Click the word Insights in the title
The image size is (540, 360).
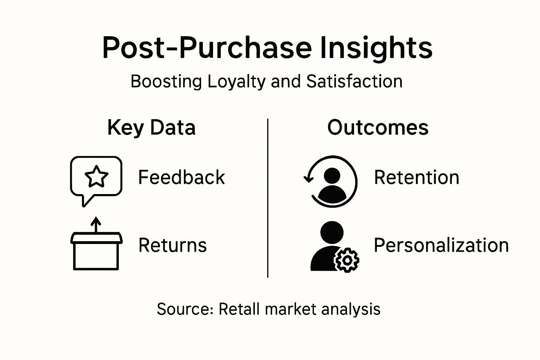tap(376, 48)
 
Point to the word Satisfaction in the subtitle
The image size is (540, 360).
tap(354, 82)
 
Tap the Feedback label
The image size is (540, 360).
tap(181, 177)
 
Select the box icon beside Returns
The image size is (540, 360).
tap(96, 251)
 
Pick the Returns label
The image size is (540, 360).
tap(173, 245)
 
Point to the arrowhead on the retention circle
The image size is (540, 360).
tap(309, 179)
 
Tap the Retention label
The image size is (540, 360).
tap(417, 177)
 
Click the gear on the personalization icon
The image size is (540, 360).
tap(347, 260)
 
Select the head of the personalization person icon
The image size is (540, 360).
tap(332, 232)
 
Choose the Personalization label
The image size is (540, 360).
tap(441, 245)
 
